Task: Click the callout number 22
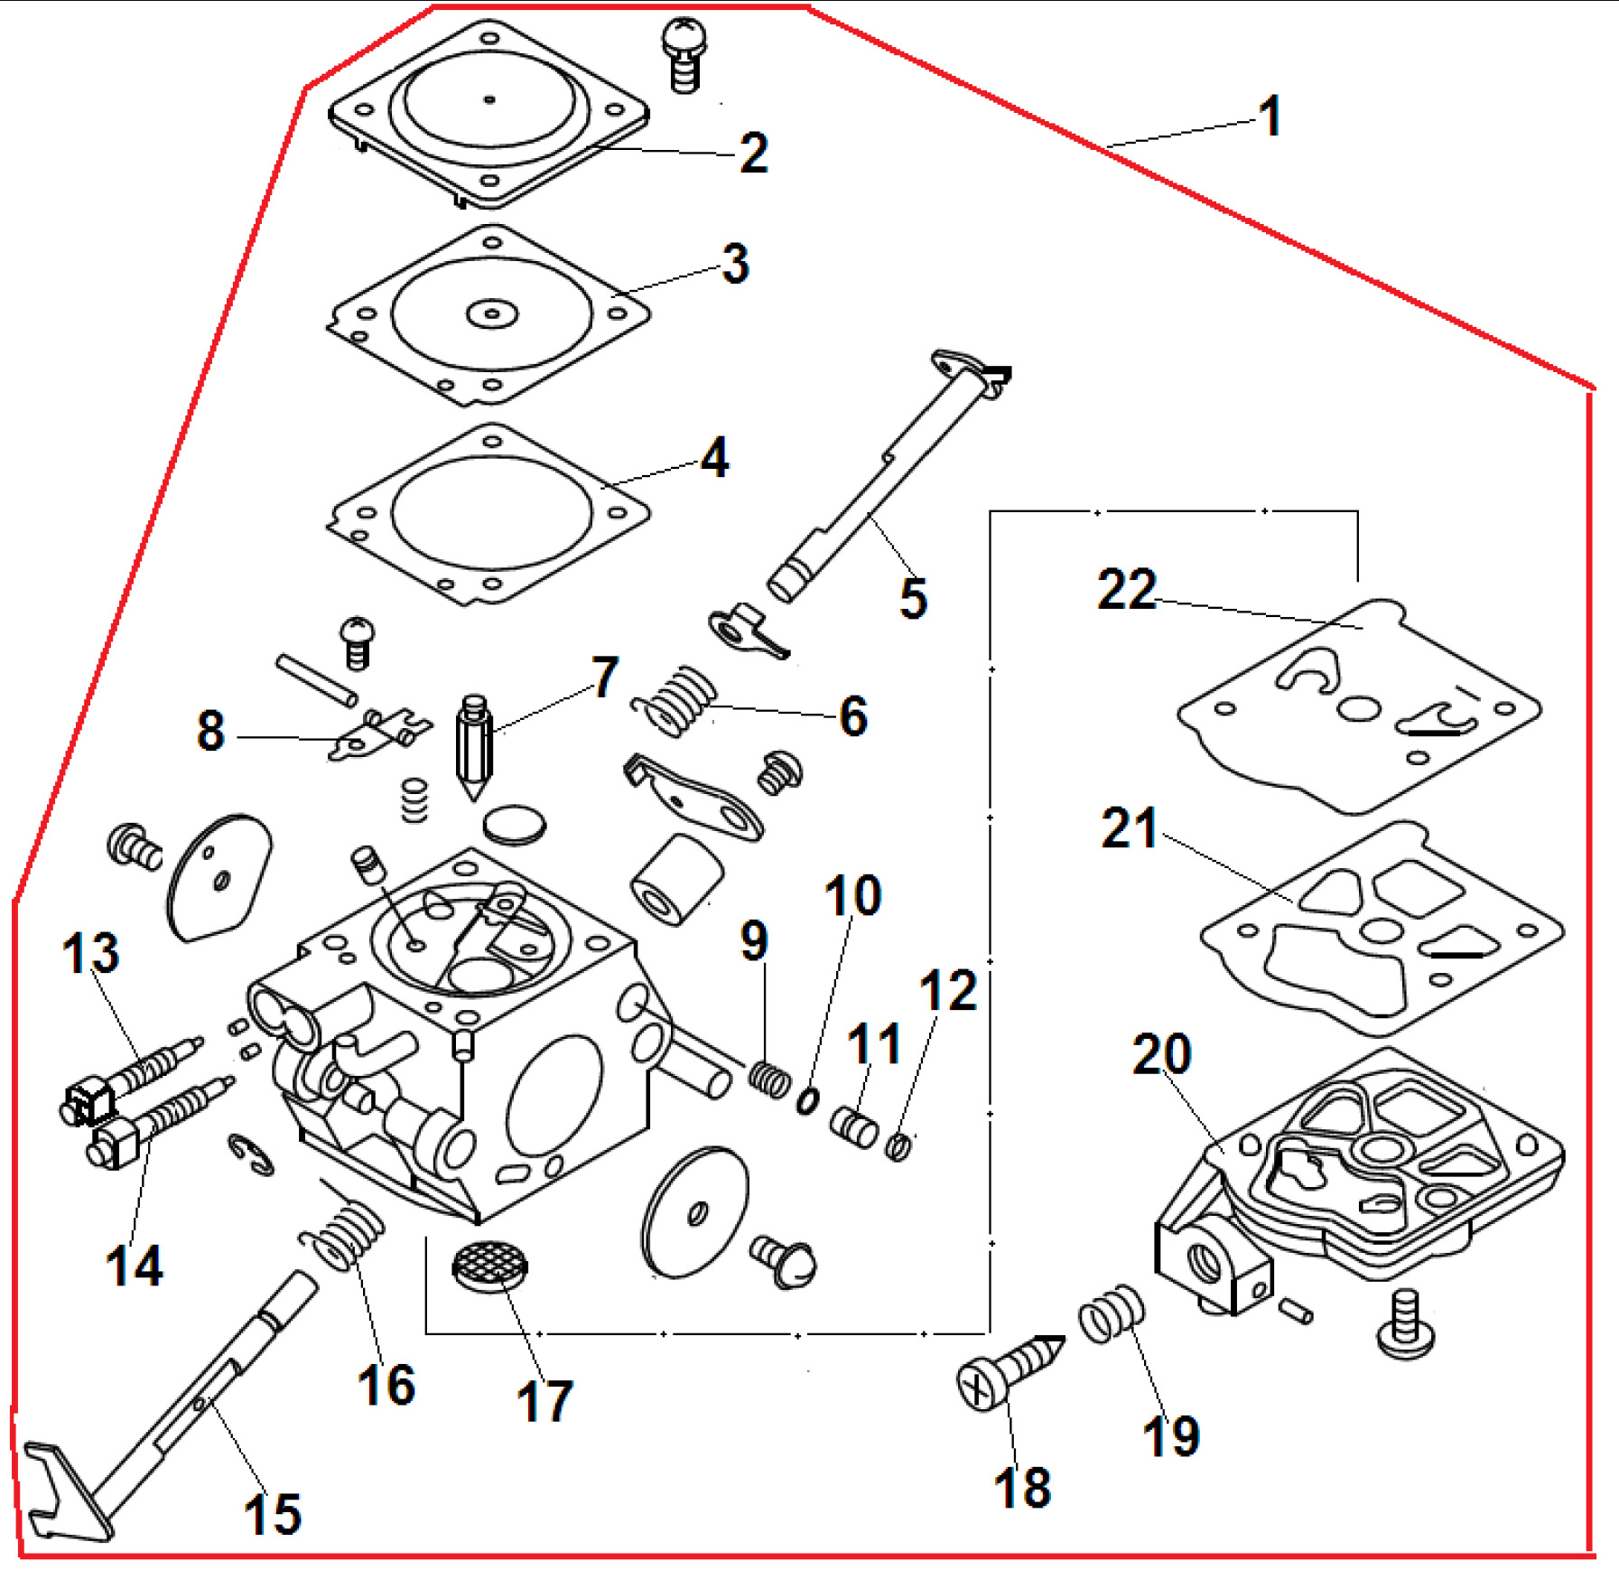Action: [1126, 589]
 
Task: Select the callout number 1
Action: [1270, 117]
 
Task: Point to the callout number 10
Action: [852, 895]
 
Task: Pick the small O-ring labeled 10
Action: [807, 1101]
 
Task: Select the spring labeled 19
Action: [1111, 1313]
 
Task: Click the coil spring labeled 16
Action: [343, 1233]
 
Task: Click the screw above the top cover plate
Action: [685, 53]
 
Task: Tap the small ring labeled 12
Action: [898, 1145]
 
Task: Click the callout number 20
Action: [1161, 1053]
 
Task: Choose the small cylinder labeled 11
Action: [853, 1126]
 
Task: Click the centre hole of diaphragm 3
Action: [492, 314]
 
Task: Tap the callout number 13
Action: [90, 953]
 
